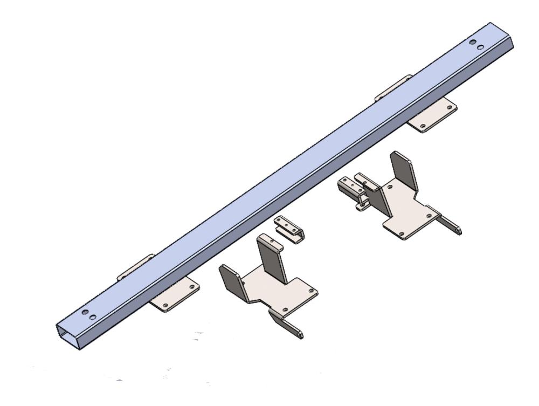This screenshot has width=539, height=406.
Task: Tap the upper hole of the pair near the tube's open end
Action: pos(85,312)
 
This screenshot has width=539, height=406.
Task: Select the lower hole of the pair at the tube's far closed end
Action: pos(480,47)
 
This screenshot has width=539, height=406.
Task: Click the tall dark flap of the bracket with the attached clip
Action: pos(404,171)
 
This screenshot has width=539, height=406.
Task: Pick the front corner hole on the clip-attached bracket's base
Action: pos(401,232)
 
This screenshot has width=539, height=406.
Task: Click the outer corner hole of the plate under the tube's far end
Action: pos(449,107)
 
